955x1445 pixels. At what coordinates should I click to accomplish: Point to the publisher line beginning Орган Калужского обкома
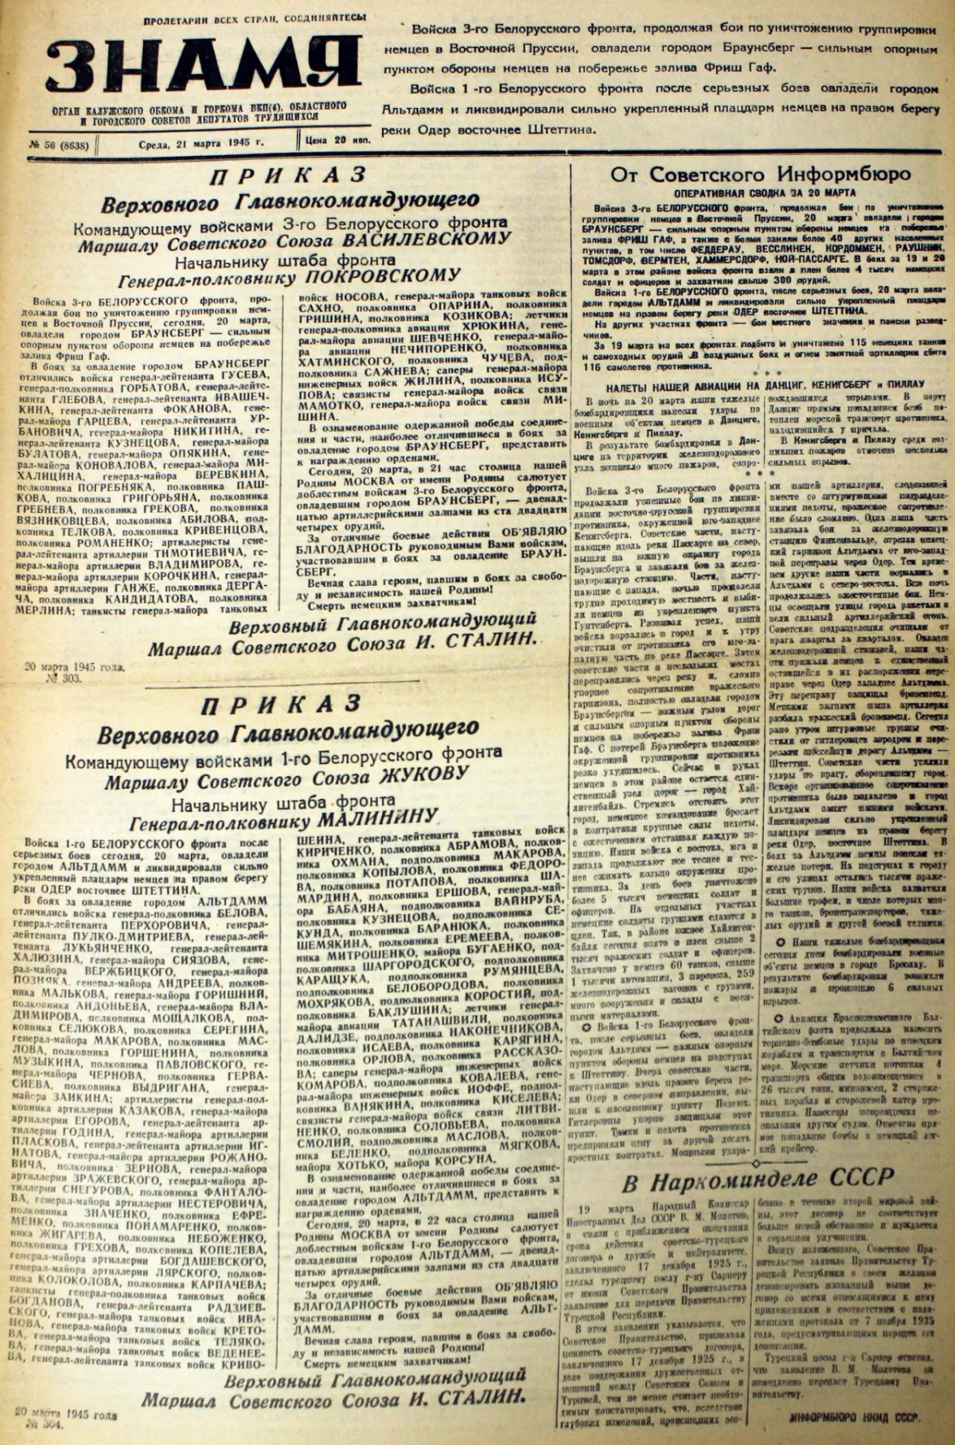click(195, 112)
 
